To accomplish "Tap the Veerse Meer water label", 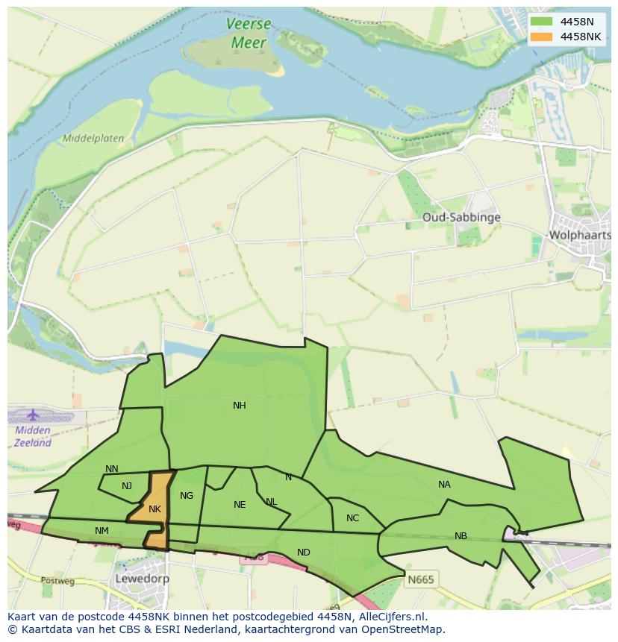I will (x=249, y=34).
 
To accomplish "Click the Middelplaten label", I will (x=93, y=139).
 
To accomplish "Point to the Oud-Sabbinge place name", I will (x=461, y=218).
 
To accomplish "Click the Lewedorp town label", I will (x=142, y=579).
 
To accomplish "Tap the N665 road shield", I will (x=421, y=579).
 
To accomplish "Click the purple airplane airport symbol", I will (x=33, y=415).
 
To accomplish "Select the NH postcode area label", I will (x=239, y=406).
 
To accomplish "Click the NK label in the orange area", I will (x=154, y=509).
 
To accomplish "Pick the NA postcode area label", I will (x=444, y=485).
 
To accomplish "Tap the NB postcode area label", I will (x=461, y=536).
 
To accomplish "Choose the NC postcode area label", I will (x=352, y=518).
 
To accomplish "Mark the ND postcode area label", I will (x=303, y=553).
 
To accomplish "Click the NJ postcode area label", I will (x=127, y=486).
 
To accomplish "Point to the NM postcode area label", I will (x=102, y=531).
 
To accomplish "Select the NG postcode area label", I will (x=187, y=496).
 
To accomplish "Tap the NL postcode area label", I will (x=271, y=502).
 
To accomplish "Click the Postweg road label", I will (x=54, y=580).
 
